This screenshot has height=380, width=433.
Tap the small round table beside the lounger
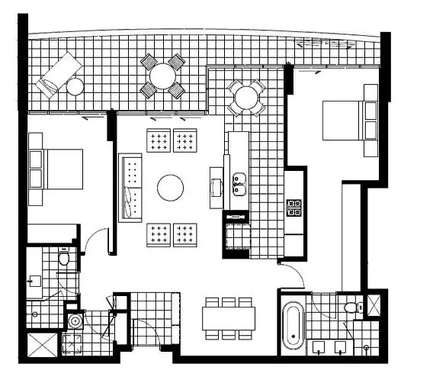(x=75, y=86)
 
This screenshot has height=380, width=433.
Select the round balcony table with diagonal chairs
(x=162, y=76)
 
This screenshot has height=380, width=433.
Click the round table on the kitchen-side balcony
(x=246, y=97)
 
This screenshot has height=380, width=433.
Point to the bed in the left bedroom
(x=57, y=169)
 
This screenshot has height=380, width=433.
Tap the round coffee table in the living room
(x=170, y=187)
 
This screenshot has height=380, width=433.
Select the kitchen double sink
(x=239, y=184)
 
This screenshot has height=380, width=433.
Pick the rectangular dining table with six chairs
(x=228, y=317)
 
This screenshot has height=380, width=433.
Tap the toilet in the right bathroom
(x=351, y=308)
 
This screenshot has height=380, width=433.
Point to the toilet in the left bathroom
(x=64, y=259)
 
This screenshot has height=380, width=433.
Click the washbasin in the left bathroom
(x=34, y=281)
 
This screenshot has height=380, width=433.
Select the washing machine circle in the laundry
(x=74, y=322)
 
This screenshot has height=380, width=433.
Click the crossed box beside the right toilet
(x=376, y=304)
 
